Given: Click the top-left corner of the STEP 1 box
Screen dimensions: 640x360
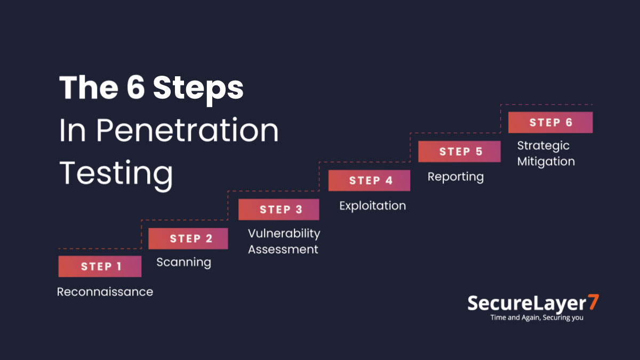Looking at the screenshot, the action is click(59, 256).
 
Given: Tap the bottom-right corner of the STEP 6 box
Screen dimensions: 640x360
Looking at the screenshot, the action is click(593, 133).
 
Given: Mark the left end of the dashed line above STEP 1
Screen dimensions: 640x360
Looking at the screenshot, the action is click(59, 249).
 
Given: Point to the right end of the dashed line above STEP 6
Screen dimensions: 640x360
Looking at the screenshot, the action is click(593, 105).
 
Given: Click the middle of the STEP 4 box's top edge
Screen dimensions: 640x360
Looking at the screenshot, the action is click(369, 170).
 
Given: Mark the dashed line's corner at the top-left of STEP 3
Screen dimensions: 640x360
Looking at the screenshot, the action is click(228, 191).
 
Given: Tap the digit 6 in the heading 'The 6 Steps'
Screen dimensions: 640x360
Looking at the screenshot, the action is click(135, 87).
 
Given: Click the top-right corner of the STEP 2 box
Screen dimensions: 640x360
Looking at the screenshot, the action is click(228, 228).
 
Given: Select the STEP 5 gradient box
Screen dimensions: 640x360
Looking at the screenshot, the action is click(459, 151).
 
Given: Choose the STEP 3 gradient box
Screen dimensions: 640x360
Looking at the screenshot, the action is click(279, 210).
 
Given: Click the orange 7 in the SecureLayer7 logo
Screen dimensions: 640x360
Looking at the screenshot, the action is click(594, 302).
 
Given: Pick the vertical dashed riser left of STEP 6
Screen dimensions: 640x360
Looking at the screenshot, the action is click(501, 118).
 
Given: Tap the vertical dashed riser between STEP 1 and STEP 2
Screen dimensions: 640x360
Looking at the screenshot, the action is click(142, 234).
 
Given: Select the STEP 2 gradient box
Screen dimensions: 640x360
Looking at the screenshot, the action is click(188, 238).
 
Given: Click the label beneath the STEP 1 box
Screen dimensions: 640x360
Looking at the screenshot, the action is click(105, 292).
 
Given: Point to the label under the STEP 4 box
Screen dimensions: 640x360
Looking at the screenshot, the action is click(373, 206).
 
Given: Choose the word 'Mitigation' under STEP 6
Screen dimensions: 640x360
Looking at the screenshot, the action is click(546, 162).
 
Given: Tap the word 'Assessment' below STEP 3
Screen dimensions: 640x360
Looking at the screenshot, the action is click(283, 250).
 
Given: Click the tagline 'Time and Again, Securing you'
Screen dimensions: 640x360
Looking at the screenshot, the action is click(537, 317).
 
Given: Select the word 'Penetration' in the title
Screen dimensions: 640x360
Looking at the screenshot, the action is click(187, 130).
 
